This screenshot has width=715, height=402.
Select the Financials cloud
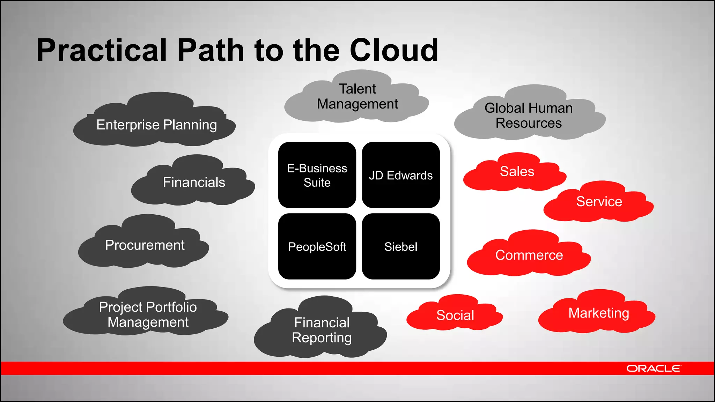pyautogui.click(x=194, y=182)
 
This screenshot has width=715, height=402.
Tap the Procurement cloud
pyautogui.click(x=145, y=245)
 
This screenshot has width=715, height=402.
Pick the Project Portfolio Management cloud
pyautogui.click(x=147, y=314)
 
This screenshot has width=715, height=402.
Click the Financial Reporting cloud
pyautogui.click(x=322, y=330)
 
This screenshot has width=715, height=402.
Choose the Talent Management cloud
pyautogui.click(x=357, y=97)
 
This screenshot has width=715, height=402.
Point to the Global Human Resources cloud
pyautogui.click(x=529, y=116)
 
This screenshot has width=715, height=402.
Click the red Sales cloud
pyautogui.click(x=517, y=171)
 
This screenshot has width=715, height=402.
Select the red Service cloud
pyautogui.click(x=599, y=202)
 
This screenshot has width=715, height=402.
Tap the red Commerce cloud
pyautogui.click(x=529, y=255)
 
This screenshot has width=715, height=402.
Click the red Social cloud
pyautogui.click(x=455, y=315)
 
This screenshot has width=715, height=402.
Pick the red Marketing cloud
pyautogui.click(x=598, y=313)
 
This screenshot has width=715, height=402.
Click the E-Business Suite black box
pyautogui.click(x=317, y=175)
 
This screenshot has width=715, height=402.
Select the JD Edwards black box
pyautogui.click(x=401, y=175)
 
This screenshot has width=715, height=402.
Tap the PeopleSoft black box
pyautogui.click(x=317, y=247)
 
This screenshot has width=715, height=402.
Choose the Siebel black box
pyautogui.click(x=401, y=247)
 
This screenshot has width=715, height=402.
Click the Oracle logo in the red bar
pyautogui.click(x=653, y=368)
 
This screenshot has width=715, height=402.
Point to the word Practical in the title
pyautogui.click(x=102, y=50)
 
